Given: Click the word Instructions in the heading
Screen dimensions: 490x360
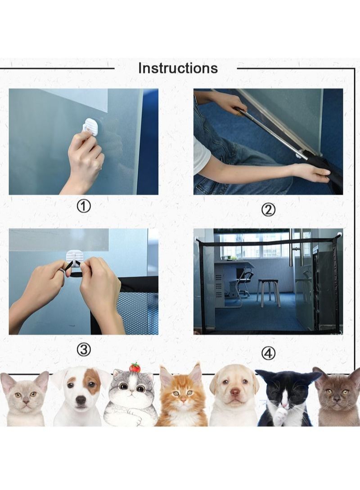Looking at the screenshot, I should tap(178, 68).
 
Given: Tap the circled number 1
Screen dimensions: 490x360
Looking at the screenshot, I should tap(84, 206).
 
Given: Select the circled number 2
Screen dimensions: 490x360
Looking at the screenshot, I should tap(268, 209).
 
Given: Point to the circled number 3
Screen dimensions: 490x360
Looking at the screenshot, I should tap(84, 349).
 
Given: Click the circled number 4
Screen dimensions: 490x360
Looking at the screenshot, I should tap(268, 353).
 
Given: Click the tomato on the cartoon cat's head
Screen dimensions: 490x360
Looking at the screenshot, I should tap(135, 367).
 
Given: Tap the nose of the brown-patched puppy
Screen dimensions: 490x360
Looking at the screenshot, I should tap(81, 400).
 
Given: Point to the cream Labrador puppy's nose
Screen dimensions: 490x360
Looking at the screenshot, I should tap(235, 392).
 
